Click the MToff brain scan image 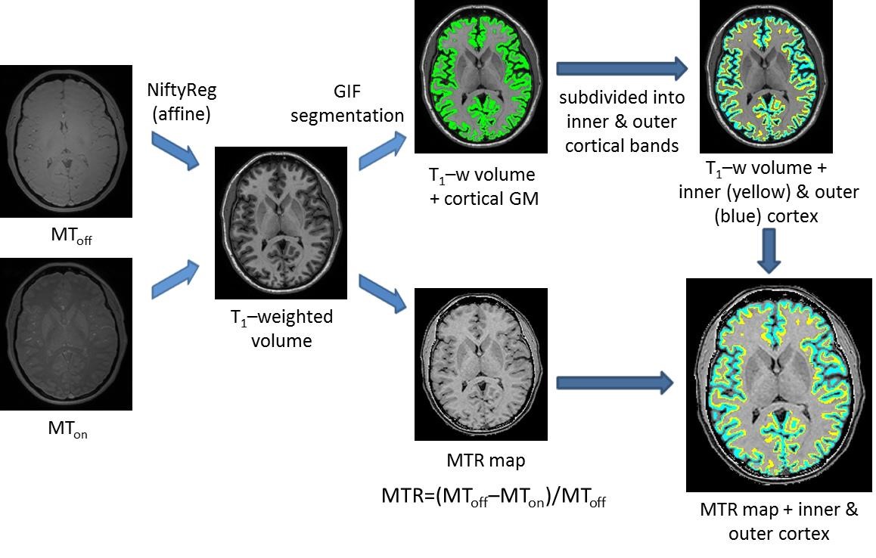[x=66, y=141]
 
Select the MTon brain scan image [x=66, y=334]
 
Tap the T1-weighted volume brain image [x=281, y=223]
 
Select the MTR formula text [x=493, y=498]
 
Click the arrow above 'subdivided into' [x=620, y=70]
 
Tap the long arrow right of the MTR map [x=614, y=383]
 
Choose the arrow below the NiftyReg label [x=176, y=147]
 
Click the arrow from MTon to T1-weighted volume [x=176, y=278]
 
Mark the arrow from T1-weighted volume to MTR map [x=383, y=293]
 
